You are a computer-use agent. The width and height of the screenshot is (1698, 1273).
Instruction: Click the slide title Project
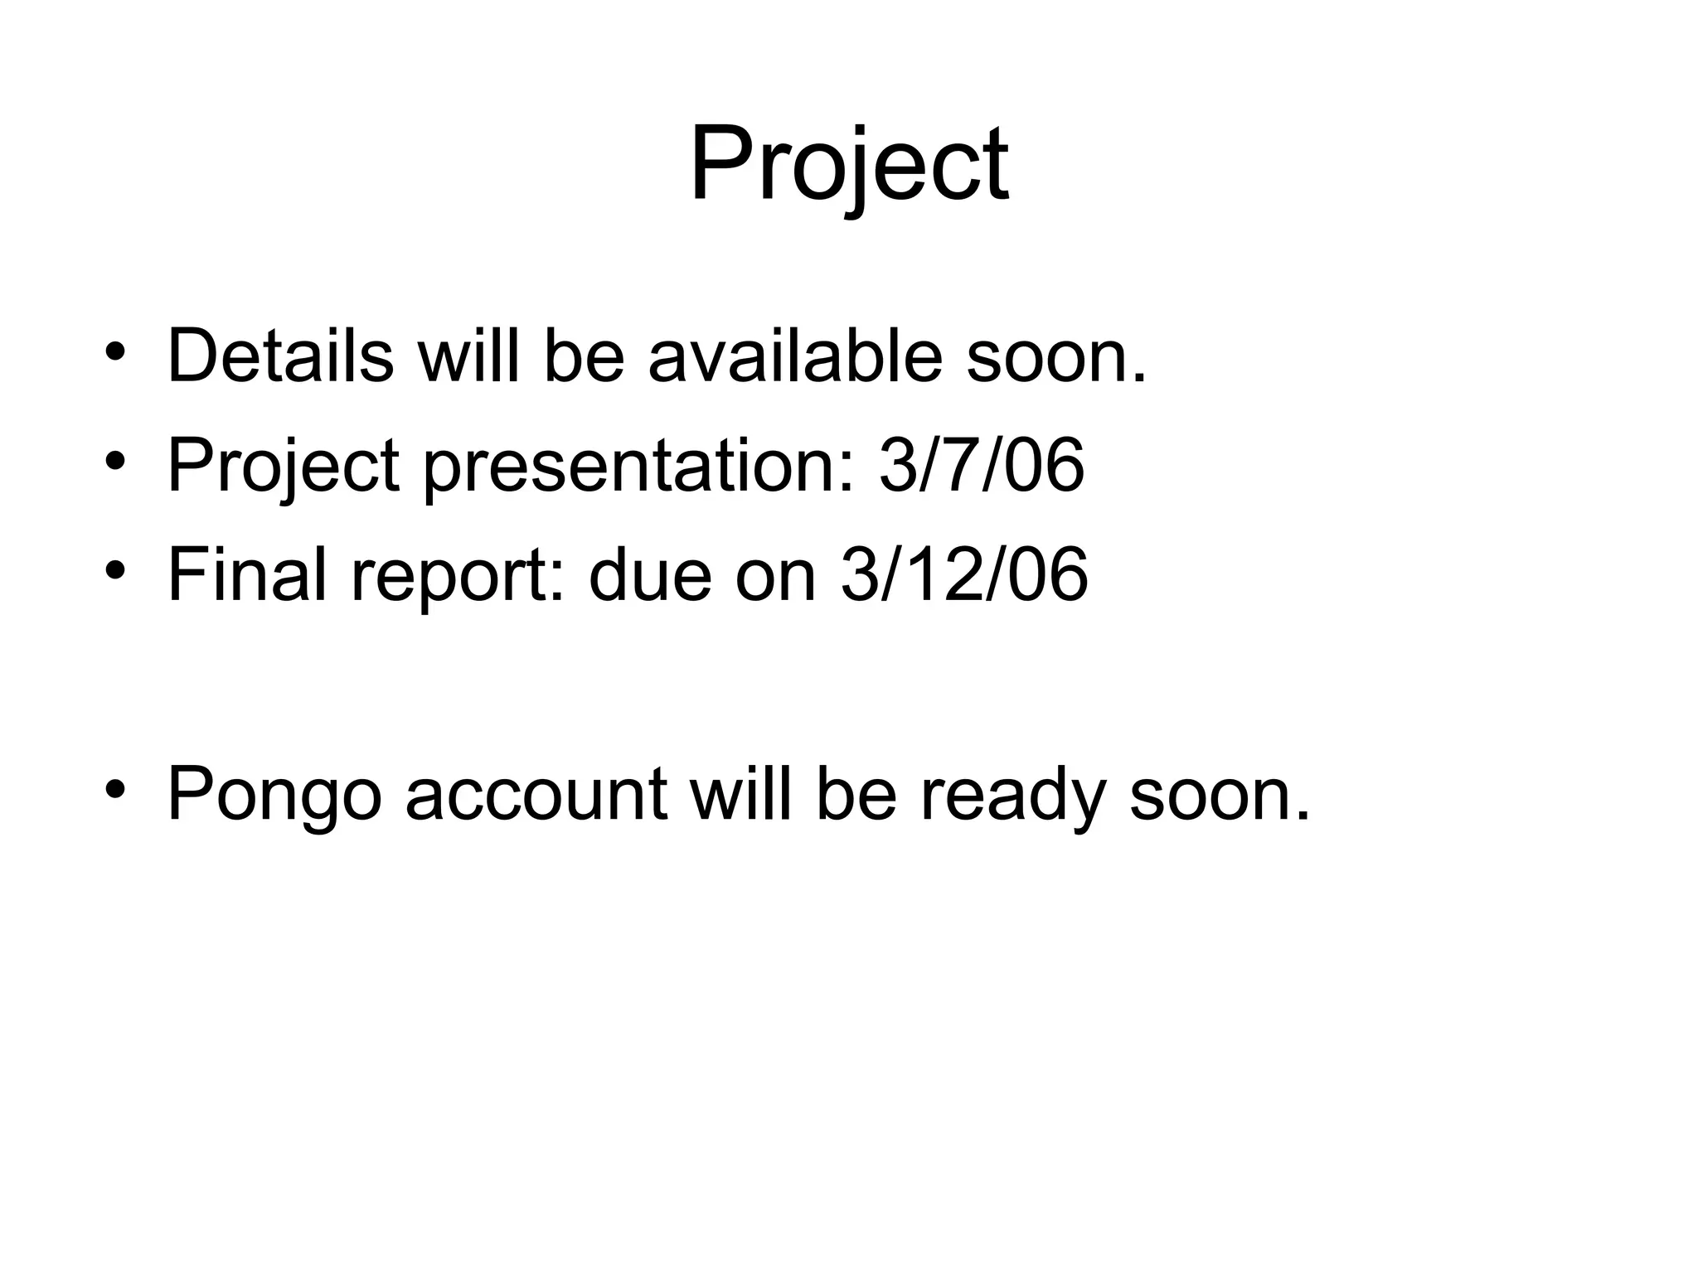click(848, 166)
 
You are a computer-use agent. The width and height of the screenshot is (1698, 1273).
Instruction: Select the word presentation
click(638, 467)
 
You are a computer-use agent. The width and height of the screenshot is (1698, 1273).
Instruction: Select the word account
click(536, 795)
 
